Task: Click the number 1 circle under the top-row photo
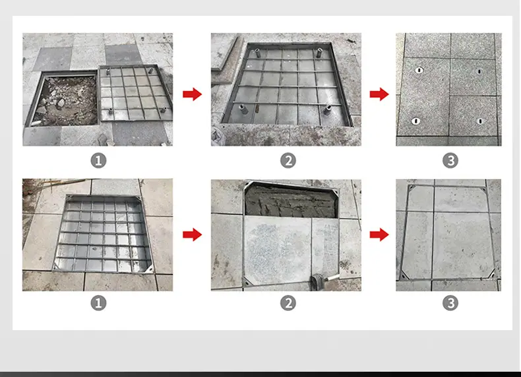click(x=98, y=160)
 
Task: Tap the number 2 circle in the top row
click(x=288, y=160)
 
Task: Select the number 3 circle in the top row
click(x=450, y=160)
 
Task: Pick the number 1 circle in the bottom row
click(x=98, y=303)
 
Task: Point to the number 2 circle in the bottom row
click(x=288, y=303)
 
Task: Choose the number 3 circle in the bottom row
click(x=450, y=303)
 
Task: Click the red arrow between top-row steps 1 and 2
click(x=193, y=94)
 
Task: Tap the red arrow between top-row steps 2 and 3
click(x=379, y=94)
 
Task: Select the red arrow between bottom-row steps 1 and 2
click(x=193, y=234)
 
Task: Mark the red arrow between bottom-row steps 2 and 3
click(x=379, y=234)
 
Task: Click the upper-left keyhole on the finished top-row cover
click(x=419, y=70)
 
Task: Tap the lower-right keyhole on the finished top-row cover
click(x=479, y=121)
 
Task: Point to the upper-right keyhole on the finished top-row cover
click(x=479, y=71)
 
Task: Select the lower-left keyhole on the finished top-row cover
click(x=415, y=121)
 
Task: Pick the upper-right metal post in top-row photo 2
click(x=319, y=53)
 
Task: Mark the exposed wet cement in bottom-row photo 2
click(x=291, y=202)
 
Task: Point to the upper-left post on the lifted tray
click(x=108, y=71)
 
